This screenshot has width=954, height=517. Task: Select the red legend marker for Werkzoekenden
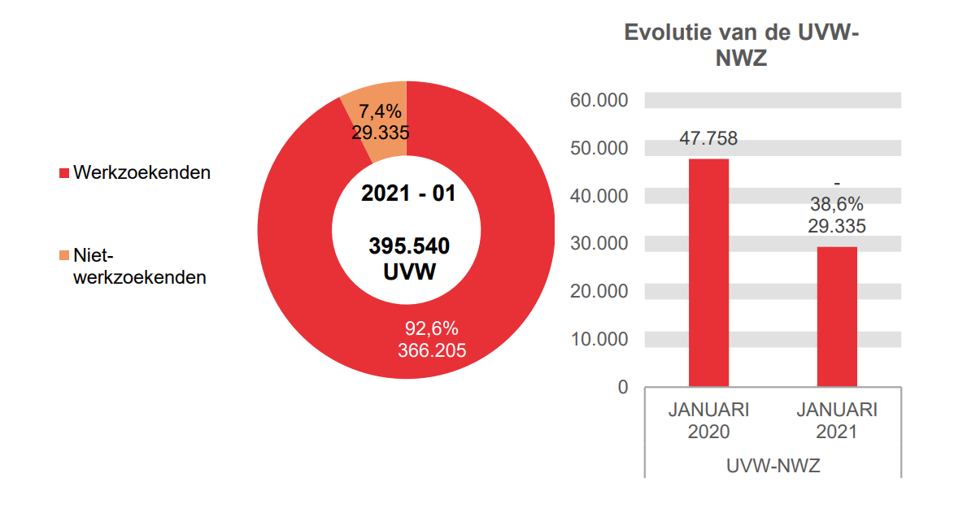[x=64, y=173]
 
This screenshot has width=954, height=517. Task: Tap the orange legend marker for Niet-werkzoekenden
[x=64, y=256]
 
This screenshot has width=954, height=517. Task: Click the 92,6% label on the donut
[x=432, y=328]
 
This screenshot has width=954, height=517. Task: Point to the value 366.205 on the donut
[x=432, y=350]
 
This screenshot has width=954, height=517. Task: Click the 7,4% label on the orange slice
[x=380, y=112]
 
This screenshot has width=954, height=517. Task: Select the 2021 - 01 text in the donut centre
[x=408, y=194]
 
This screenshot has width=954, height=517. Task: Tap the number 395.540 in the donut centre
[x=408, y=246]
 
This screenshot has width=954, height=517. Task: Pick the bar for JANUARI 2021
[x=837, y=316]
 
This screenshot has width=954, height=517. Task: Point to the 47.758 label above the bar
[x=708, y=139]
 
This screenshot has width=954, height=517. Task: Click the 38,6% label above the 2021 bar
[x=837, y=205]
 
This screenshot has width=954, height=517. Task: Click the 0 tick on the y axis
[x=623, y=387]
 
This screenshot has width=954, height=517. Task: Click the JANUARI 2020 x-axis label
[x=708, y=420]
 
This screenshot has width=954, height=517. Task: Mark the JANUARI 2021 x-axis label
[x=837, y=420]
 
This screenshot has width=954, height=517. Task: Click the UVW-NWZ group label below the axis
[x=773, y=467]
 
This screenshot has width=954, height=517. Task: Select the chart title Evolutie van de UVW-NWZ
[x=742, y=45]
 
